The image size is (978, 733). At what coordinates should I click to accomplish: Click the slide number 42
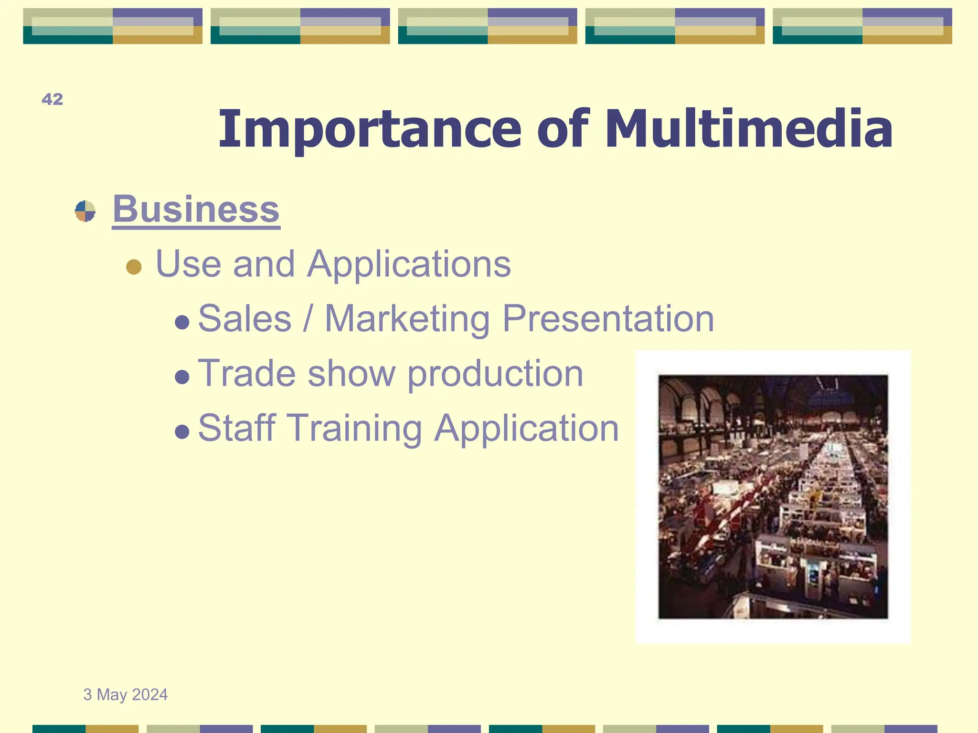tap(52, 99)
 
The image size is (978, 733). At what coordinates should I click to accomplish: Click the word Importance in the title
tap(370, 129)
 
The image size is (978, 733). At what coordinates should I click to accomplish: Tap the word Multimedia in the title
tap(748, 129)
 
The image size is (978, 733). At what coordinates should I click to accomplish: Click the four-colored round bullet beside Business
tap(85, 211)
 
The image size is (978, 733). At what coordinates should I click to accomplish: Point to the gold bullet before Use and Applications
tap(134, 267)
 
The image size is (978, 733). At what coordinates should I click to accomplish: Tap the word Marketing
tap(407, 318)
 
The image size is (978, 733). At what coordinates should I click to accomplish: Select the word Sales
tap(244, 318)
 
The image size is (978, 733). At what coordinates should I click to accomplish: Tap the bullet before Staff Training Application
tap(182, 432)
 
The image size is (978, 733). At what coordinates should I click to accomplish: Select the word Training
tap(354, 428)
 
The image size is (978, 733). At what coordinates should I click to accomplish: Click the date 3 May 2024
tap(126, 694)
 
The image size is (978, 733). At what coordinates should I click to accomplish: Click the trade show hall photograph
tap(773, 496)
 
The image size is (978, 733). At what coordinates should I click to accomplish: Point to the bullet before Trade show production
tap(182, 377)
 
